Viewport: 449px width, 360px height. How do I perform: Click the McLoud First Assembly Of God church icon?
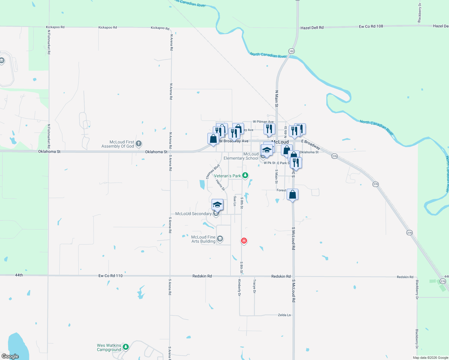click(x=139, y=144)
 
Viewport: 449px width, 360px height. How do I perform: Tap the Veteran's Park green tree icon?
click(x=245, y=175)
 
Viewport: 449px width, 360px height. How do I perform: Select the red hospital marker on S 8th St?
click(x=244, y=241)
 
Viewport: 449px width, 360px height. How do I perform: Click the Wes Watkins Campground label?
click(x=109, y=347)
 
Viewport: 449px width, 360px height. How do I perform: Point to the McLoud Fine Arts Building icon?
click(x=220, y=239)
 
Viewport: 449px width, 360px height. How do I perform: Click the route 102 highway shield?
click(x=291, y=51)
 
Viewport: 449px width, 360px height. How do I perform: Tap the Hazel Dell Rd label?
click(x=312, y=28)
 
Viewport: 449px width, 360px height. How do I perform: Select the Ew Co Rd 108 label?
click(x=371, y=26)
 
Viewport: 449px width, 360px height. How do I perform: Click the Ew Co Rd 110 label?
click(x=110, y=276)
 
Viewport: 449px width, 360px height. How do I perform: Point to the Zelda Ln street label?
click(x=284, y=315)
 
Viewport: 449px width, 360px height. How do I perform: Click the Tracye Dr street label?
click(x=255, y=286)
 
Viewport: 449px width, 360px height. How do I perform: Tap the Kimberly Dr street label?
click(x=240, y=288)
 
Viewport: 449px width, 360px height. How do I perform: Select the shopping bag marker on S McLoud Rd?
click(x=292, y=195)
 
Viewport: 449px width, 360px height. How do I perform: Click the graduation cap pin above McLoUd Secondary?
click(x=217, y=205)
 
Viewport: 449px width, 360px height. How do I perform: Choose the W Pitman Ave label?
click(x=263, y=122)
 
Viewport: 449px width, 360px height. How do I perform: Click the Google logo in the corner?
click(x=10, y=356)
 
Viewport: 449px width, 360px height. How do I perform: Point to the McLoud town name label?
click(x=280, y=142)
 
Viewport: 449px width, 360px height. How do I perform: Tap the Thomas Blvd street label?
click(x=213, y=172)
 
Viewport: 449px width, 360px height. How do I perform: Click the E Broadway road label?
click(x=311, y=144)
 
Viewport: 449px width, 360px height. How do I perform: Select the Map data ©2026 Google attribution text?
click(x=430, y=358)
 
